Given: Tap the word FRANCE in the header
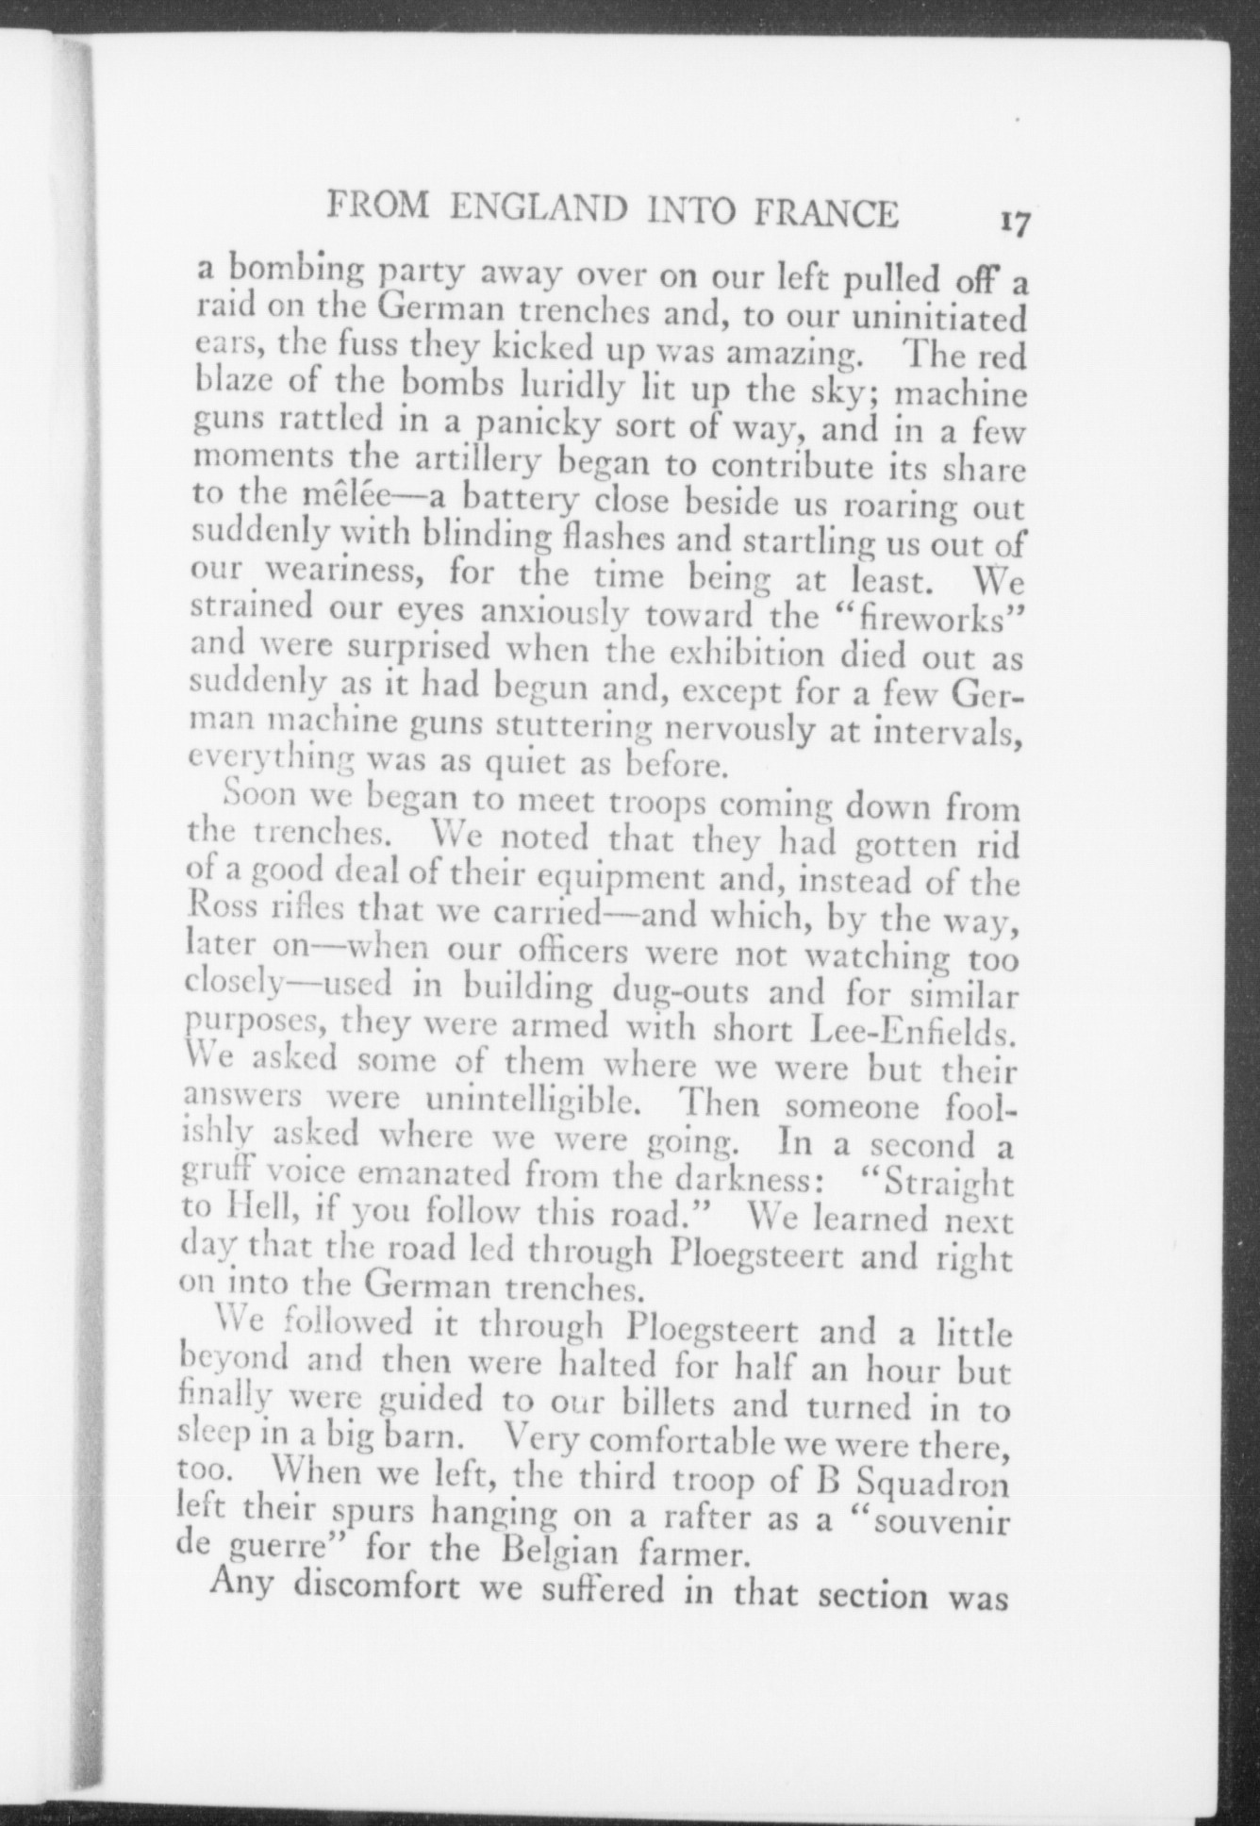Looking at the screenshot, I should tap(827, 214).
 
